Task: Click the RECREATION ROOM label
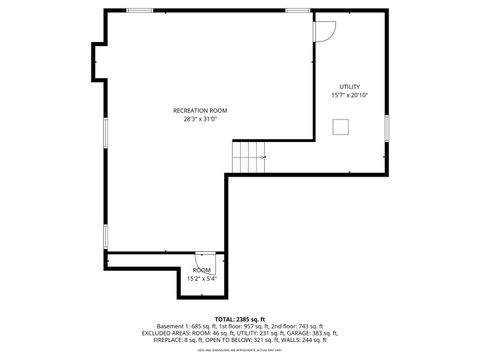click(200, 110)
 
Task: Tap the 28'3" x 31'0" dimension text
click(200, 119)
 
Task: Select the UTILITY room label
click(349, 87)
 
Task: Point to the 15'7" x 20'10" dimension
click(349, 95)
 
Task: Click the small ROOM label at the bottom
click(202, 270)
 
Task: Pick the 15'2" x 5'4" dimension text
click(202, 278)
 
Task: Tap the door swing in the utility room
click(325, 30)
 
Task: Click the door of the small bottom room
click(204, 258)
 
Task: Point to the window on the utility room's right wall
click(386, 130)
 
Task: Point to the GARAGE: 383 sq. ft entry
click(313, 333)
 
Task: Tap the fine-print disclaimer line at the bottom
click(240, 349)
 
